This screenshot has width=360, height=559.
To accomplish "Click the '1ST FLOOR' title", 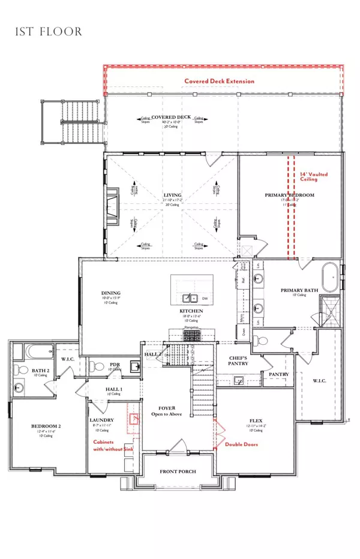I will pyautogui.click(x=49, y=31).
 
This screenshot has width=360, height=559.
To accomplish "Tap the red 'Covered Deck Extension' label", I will pyautogui.click(x=219, y=81).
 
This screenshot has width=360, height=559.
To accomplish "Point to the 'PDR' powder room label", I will pyautogui.click(x=114, y=364).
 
